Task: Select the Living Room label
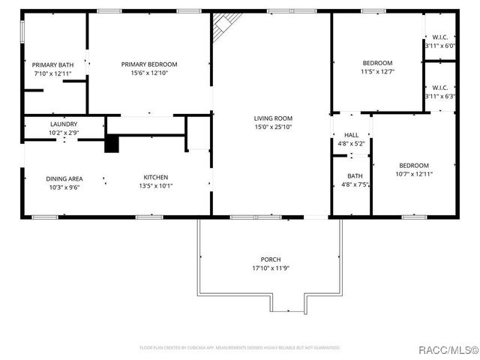(272, 118)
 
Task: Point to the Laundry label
(64, 124)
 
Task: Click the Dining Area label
(64, 178)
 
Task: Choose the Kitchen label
(156, 178)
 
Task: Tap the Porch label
(271, 259)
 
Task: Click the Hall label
(351, 135)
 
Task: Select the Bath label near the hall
(355, 176)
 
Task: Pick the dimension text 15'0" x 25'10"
(272, 127)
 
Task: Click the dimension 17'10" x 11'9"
(271, 268)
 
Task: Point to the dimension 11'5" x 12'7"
(377, 72)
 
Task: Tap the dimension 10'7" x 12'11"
(413, 174)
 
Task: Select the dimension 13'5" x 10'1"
(156, 187)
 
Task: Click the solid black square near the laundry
(112, 143)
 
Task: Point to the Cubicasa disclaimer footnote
(240, 348)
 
